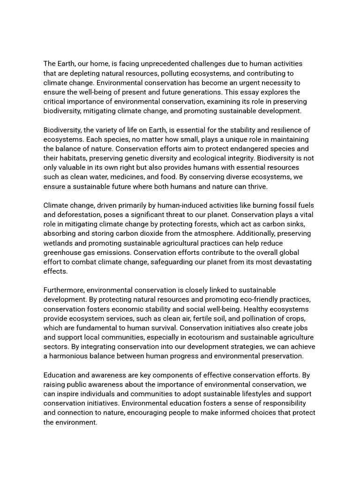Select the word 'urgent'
coord(249,82)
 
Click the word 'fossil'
coord(279,205)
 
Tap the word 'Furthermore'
coord(64,290)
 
